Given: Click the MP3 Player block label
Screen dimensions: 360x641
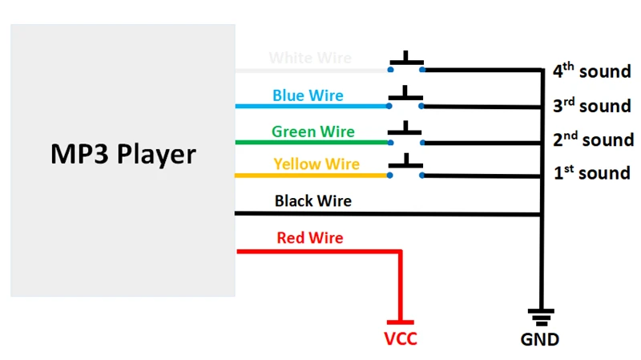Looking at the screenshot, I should pyautogui.click(x=123, y=153).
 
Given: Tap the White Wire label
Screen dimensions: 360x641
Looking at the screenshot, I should pyautogui.click(x=309, y=59).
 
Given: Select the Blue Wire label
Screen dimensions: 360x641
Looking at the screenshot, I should pyautogui.click(x=308, y=95).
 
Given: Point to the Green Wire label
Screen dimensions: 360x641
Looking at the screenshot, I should pyautogui.click(x=312, y=131).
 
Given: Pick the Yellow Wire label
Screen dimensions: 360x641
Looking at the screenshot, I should pyautogui.click(x=316, y=164).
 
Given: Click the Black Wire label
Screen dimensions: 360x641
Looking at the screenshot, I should pyautogui.click(x=312, y=200).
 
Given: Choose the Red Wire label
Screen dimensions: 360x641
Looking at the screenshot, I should pyautogui.click(x=309, y=238).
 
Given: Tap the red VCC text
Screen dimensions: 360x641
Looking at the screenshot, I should pyautogui.click(x=400, y=338).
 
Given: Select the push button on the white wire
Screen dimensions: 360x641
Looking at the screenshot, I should pyautogui.click(x=407, y=63).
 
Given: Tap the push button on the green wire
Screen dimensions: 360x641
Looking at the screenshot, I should pyautogui.click(x=407, y=134).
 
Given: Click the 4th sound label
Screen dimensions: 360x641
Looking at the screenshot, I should pyautogui.click(x=591, y=71).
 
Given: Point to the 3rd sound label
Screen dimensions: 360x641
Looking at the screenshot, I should pyautogui.click(x=591, y=105).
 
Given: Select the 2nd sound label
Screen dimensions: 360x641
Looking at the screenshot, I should pyautogui.click(x=593, y=140).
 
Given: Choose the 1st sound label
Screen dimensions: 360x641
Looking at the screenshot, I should pyautogui.click(x=591, y=172).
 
